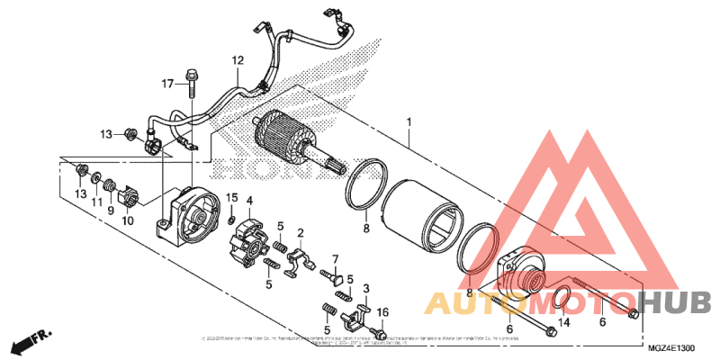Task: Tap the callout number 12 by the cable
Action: [x=237, y=61]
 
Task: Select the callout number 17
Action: [x=167, y=84]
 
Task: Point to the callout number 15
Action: [x=231, y=197]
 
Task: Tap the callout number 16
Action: [x=382, y=312]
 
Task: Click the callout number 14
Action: [x=564, y=321]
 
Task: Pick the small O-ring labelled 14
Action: [x=559, y=297]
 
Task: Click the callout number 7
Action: [x=335, y=259]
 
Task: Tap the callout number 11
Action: [x=94, y=203]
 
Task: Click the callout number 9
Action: [x=112, y=210]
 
